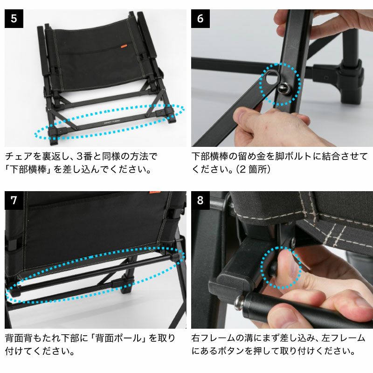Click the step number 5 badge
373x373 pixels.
coord(14,19)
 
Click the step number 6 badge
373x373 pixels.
coord(200,19)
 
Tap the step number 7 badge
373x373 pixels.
coord(14,200)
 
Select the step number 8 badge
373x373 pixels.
coord(200,200)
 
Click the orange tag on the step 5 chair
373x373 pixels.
coord(124,46)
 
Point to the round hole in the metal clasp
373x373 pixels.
coord(272,78)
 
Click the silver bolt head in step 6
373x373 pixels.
coord(284,89)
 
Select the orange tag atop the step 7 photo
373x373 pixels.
coord(155,192)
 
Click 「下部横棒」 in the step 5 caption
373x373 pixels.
coord(28,170)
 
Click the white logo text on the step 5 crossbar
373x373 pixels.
coord(112,121)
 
